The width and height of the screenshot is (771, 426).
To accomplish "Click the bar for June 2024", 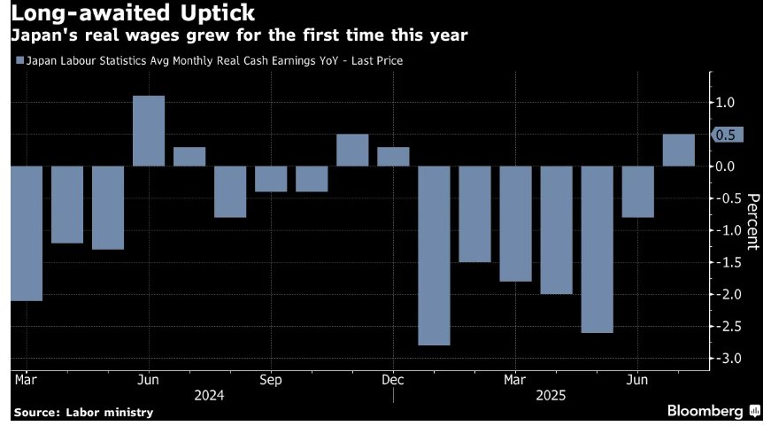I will click(x=149, y=131).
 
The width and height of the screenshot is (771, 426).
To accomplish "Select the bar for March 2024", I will click(x=27, y=233).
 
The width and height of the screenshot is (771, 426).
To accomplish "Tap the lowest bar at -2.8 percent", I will click(x=434, y=255).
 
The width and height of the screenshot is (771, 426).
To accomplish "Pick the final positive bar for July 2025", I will click(x=678, y=151).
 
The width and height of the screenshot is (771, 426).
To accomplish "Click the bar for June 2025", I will click(x=637, y=191).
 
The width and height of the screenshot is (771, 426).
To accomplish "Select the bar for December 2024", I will click(x=393, y=157).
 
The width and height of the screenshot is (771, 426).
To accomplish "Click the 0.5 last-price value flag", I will click(x=729, y=135).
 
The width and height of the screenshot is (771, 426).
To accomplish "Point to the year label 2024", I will click(x=210, y=395).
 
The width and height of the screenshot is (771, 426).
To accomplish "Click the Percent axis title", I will click(x=753, y=221).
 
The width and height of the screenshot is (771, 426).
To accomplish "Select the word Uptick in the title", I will click(x=212, y=14).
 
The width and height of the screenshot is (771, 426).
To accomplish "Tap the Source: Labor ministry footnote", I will click(x=83, y=412).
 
